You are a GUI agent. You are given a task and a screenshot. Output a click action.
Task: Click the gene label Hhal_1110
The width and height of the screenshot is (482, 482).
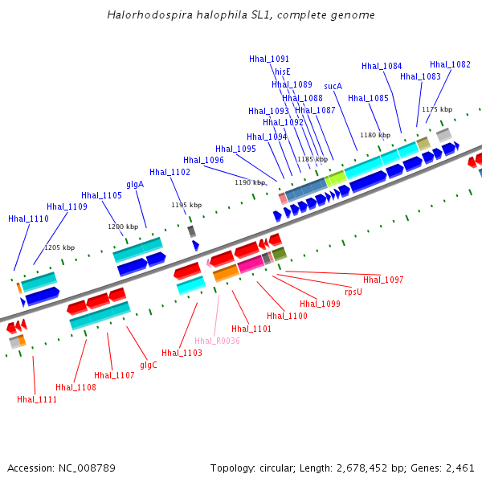28,219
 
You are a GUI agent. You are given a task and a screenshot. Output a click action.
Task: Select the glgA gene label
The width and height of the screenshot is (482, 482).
135,185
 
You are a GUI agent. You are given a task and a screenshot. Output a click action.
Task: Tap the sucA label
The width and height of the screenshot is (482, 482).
333,86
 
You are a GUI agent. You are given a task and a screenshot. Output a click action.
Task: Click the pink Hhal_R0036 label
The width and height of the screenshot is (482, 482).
217,341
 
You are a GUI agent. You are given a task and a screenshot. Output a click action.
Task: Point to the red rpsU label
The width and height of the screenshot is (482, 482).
353,292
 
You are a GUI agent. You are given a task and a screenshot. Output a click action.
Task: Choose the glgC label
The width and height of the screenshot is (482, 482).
149,365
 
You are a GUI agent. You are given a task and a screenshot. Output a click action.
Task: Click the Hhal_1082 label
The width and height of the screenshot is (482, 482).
450,64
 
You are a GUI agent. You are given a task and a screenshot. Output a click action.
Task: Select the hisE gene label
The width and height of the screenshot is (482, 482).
283,71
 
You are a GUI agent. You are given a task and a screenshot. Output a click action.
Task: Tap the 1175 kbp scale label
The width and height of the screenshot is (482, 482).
437,109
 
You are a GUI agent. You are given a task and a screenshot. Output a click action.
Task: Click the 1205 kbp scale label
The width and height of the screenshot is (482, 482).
59,247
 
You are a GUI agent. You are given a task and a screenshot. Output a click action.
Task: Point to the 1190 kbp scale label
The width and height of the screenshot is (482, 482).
250,182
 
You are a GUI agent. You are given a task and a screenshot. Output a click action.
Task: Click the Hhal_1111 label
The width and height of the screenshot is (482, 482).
37,399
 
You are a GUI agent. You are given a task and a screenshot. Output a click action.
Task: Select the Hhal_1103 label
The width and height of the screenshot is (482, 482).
182,353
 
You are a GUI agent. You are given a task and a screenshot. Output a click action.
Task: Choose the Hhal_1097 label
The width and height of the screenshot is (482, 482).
383,280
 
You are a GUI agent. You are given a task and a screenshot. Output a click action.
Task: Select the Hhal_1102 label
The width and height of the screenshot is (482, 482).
170,172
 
